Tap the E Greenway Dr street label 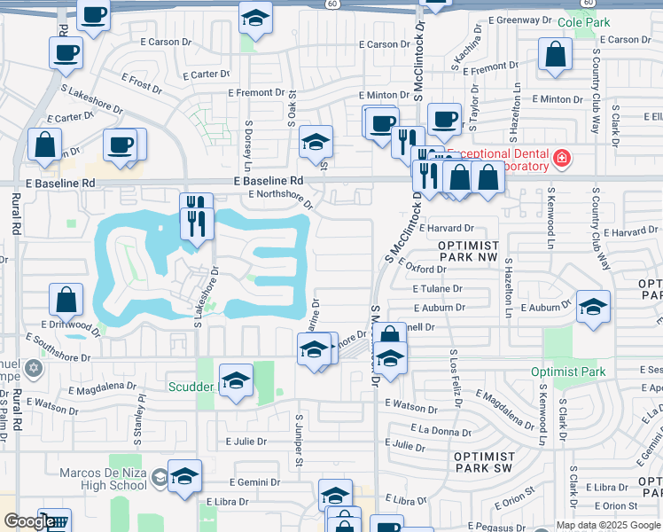[521, 20]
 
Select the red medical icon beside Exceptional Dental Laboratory [561, 160]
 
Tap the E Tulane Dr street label [437, 288]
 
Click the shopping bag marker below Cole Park [554, 55]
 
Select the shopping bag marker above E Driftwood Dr [66, 301]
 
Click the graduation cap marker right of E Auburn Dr [593, 307]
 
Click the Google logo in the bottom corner [28, 521]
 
